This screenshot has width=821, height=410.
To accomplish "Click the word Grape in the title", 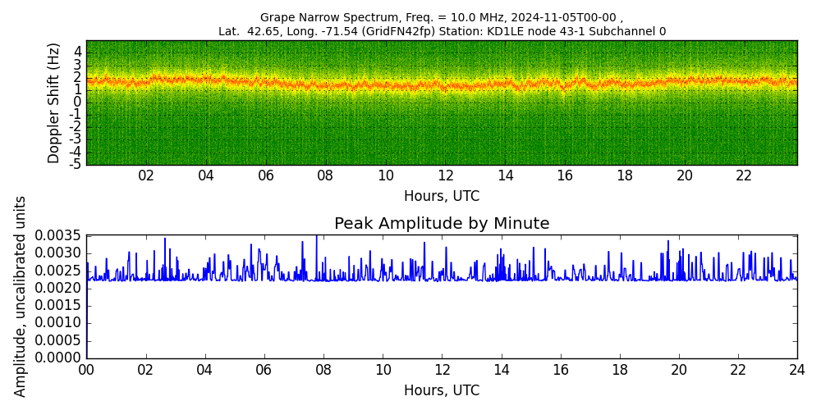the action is pos(275,17).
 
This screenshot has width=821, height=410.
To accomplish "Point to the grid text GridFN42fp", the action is pos(401,31).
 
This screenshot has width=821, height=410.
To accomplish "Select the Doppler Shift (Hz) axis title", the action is pos(54,103).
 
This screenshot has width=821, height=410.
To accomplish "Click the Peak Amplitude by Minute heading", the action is pos(442,224).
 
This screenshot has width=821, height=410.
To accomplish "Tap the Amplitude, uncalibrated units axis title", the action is pos(20,297).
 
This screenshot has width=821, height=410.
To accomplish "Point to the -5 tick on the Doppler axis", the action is pos(76,165).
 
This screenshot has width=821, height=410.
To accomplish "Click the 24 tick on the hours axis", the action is pos(797,369).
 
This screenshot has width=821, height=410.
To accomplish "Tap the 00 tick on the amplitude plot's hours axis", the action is pos(86,369).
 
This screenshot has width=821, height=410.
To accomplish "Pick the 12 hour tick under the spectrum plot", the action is pos(446,175).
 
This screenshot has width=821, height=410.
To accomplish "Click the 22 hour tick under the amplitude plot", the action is pos(738,369).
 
